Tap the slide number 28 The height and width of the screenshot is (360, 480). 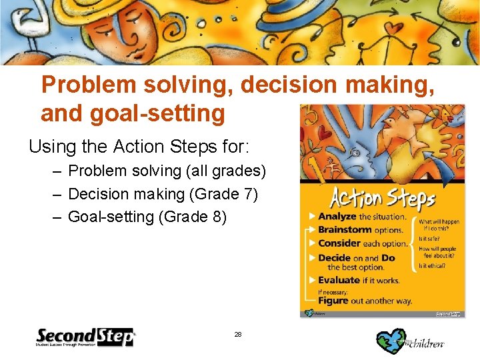[238, 334]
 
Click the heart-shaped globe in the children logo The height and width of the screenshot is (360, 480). [390, 341]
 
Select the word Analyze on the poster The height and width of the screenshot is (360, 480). [337, 217]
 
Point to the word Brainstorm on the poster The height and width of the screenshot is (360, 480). [344, 229]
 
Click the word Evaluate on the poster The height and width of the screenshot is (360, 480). [339, 280]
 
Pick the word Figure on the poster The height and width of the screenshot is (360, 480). [333, 301]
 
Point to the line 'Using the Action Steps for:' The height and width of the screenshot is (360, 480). [119, 145]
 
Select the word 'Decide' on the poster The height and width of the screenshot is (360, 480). [334, 258]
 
